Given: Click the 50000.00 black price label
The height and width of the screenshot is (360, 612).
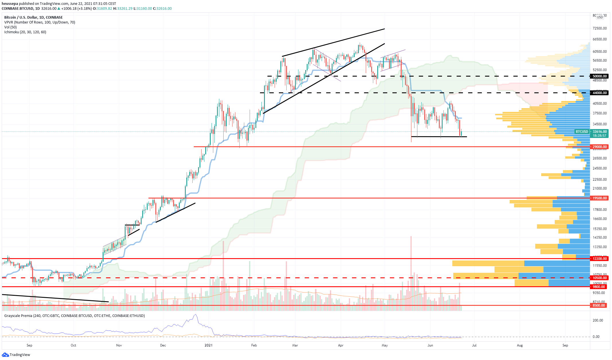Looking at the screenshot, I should pyautogui.click(x=599, y=76).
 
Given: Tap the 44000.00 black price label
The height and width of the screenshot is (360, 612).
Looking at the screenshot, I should pyautogui.click(x=599, y=93).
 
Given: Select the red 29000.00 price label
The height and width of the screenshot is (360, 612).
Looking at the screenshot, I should pyautogui.click(x=599, y=147).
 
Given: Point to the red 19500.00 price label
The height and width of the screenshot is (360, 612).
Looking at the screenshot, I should pyautogui.click(x=599, y=198).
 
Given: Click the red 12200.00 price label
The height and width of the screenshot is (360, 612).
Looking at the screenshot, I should pyautogui.click(x=599, y=258).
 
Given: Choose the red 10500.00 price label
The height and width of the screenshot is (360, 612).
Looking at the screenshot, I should pyautogui.click(x=599, y=278).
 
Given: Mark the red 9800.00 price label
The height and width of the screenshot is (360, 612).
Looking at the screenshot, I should pyautogui.click(x=599, y=287).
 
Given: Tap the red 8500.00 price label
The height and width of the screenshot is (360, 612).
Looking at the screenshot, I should pyautogui.click(x=599, y=305).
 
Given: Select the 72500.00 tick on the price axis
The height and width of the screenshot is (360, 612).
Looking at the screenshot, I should pyautogui.click(x=599, y=28).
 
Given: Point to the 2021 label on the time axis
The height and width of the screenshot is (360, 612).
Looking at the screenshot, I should pyautogui.click(x=208, y=345).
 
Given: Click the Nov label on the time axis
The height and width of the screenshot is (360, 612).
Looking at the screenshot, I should pyautogui.click(x=119, y=345).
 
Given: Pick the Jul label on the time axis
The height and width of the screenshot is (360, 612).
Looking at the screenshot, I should pyautogui.click(x=474, y=345).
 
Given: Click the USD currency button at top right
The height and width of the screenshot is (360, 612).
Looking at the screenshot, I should pyautogui.click(x=600, y=17).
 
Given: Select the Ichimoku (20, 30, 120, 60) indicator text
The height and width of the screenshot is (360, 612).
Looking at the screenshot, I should pyautogui.click(x=25, y=32).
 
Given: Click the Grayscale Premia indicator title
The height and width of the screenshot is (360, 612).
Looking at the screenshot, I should pyautogui.click(x=75, y=316).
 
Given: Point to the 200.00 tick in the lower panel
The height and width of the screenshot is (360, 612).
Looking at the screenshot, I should pyautogui.click(x=598, y=320).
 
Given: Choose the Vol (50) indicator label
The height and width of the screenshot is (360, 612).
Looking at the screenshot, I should pyautogui.click(x=10, y=27).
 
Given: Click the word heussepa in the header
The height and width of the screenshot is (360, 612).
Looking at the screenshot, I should pyautogui.click(x=10, y=3).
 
